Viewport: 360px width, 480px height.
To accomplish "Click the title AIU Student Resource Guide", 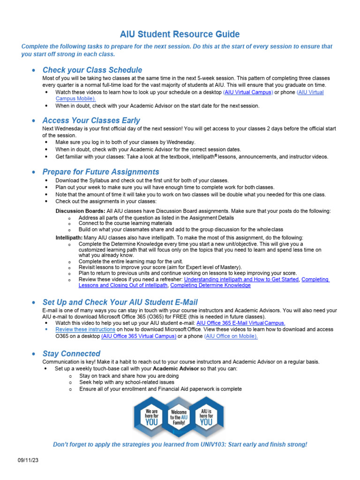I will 180,34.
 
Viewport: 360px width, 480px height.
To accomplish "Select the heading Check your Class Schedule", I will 92,70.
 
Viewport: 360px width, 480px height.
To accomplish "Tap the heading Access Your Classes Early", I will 91,120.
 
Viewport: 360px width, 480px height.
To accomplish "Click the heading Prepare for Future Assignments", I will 100,172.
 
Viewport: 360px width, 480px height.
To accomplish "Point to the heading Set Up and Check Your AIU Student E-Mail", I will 120,302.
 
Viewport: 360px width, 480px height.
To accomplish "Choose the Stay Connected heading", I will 71,353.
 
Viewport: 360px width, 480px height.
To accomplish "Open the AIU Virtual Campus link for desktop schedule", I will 248,92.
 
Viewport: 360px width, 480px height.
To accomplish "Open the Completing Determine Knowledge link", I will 210,285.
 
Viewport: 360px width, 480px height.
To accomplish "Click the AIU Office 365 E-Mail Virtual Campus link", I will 240,323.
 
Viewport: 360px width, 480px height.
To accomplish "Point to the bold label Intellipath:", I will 69,238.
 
